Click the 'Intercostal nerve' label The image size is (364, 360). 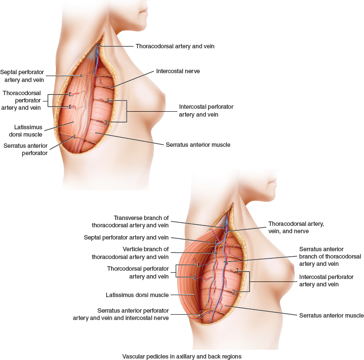click(x=178, y=71)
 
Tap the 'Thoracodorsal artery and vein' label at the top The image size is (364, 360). click(x=175, y=46)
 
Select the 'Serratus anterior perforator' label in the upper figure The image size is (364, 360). click(x=25, y=149)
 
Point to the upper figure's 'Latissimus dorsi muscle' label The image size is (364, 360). click(x=22, y=131)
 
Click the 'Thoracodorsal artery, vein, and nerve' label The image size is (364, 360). click(x=296, y=227)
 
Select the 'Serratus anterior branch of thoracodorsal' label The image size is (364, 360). click(x=330, y=257)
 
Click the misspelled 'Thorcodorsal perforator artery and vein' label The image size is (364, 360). click(x=138, y=273)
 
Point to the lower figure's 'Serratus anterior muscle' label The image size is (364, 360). click(x=331, y=316)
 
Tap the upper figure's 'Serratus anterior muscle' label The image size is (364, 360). click(x=198, y=145)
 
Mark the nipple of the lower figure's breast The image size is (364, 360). click(x=294, y=267)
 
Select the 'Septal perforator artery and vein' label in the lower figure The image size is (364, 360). click(x=126, y=238)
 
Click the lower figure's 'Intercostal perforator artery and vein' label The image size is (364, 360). click(x=326, y=280)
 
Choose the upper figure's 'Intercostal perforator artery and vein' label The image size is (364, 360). click(x=206, y=111)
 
